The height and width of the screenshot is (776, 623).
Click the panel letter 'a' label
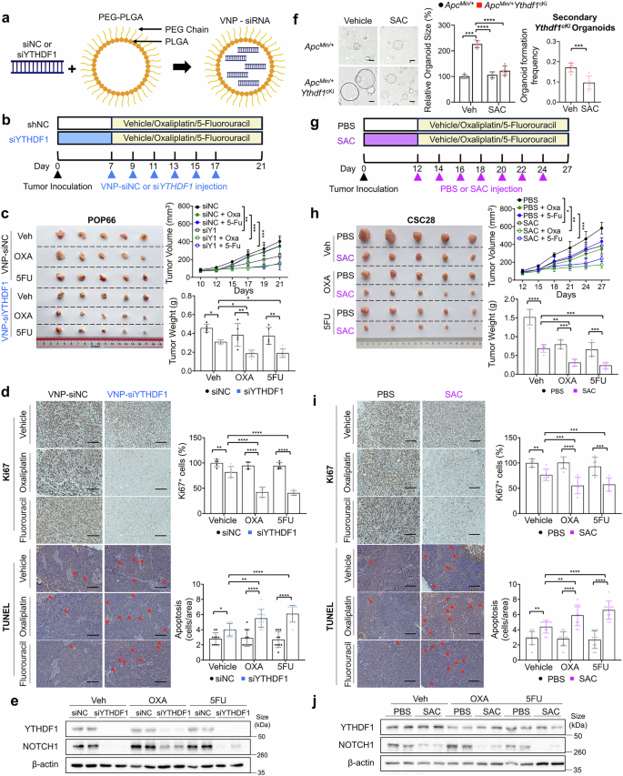(x=6, y=9)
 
